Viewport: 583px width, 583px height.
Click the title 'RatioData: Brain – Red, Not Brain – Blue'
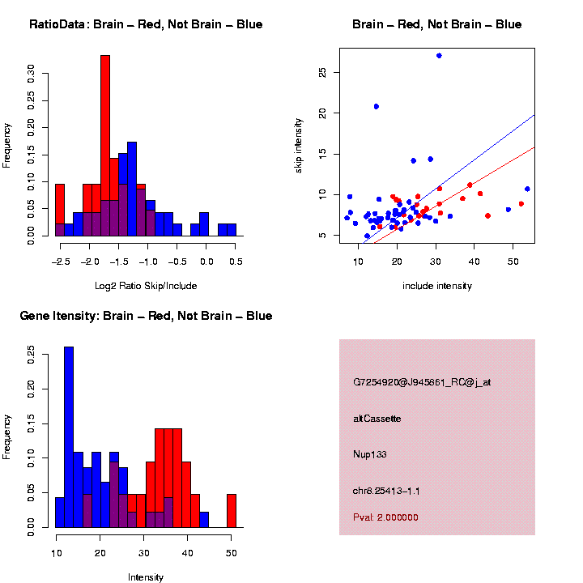(146, 24)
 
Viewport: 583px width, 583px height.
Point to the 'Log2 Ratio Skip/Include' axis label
(146, 285)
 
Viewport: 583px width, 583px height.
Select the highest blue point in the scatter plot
(439, 55)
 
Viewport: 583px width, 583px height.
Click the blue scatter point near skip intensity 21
(377, 106)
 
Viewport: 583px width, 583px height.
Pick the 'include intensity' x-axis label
(437, 286)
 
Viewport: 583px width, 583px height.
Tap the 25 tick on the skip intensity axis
(322, 73)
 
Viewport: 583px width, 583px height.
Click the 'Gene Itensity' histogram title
(146, 316)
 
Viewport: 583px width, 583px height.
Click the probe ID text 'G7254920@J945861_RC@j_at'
(422, 382)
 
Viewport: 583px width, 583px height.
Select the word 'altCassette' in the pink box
(377, 419)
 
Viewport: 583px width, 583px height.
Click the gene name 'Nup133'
(370, 454)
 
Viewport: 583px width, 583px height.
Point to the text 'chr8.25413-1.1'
(386, 491)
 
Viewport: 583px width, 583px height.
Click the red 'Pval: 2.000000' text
(386, 517)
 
